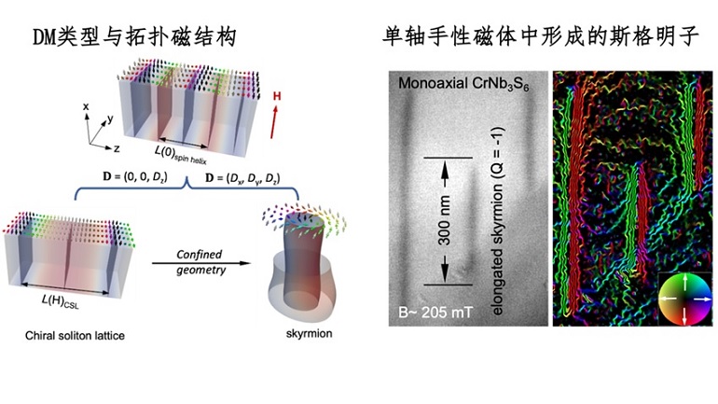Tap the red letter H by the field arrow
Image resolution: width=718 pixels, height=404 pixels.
(x=275, y=96)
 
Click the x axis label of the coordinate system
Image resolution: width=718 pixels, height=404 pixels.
(x=86, y=107)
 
